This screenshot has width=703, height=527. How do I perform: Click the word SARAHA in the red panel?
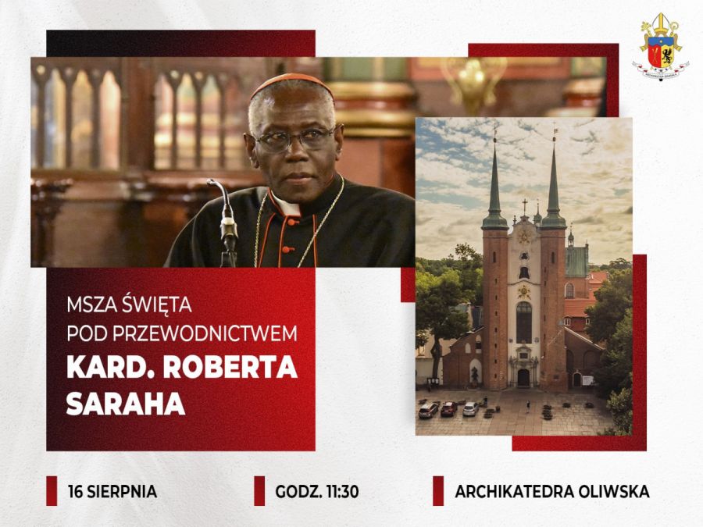(x=126, y=404)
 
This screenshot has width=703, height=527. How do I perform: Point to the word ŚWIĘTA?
(x=157, y=304)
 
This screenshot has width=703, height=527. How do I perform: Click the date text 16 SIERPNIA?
(x=112, y=492)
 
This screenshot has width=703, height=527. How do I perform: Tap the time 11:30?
(x=343, y=492)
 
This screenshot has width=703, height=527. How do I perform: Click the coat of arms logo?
(x=660, y=47)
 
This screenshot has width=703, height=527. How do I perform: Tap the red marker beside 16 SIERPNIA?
(x=52, y=491)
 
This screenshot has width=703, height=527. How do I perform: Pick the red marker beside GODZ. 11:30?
(x=259, y=491)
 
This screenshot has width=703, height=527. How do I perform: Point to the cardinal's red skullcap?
(x=291, y=84)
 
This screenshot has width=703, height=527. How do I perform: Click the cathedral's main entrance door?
(x=523, y=378)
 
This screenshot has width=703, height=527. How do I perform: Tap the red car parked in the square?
(x=449, y=408)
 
